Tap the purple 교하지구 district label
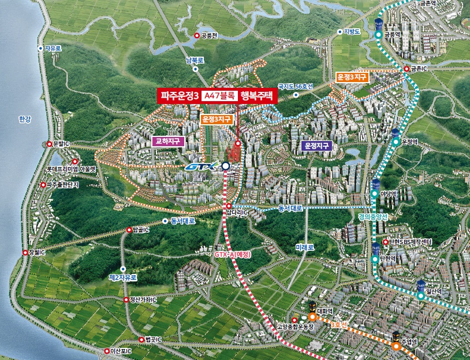click(168, 140)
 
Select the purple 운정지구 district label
click(317, 146)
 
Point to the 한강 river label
click(24, 119)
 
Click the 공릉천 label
click(209, 35)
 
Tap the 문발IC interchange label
click(61, 143)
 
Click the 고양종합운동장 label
click(295, 326)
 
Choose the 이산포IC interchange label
click(121, 351)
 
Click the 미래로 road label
click(304, 247)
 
